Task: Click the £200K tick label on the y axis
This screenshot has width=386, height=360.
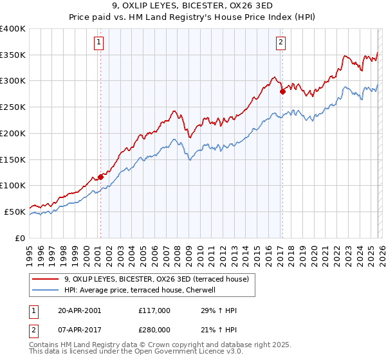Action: (x=13, y=133)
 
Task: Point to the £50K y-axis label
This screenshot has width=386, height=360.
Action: (x=15, y=212)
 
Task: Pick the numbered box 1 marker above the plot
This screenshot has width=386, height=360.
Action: (x=99, y=43)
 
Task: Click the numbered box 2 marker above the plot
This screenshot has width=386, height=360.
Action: (x=281, y=43)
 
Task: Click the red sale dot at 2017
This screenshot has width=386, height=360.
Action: (x=282, y=91)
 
